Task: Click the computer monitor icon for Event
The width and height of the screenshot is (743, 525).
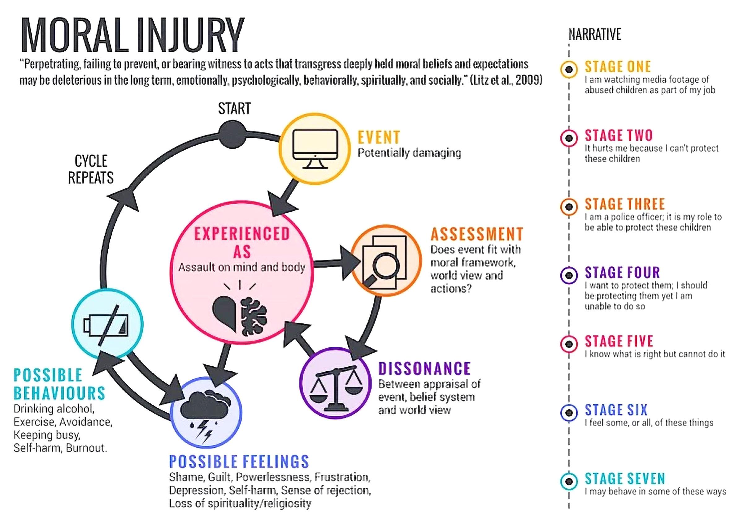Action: click(315, 148)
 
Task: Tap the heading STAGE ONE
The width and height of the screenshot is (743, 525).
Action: click(617, 67)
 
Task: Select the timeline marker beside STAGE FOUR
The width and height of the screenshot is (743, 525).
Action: click(569, 276)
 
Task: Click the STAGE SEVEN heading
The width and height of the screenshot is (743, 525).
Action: click(624, 479)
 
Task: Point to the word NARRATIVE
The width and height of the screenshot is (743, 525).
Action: click(595, 35)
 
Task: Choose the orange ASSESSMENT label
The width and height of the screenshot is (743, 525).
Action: click(477, 234)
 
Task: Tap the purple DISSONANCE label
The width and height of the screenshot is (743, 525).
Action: click(424, 369)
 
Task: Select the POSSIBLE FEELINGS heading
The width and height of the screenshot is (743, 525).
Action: click(239, 462)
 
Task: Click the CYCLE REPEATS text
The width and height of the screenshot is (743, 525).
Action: click(91, 169)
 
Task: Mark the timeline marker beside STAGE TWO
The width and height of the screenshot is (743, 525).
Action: click(569, 138)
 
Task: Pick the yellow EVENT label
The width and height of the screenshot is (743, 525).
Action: click(379, 137)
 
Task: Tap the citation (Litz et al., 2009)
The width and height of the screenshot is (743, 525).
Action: click(506, 80)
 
